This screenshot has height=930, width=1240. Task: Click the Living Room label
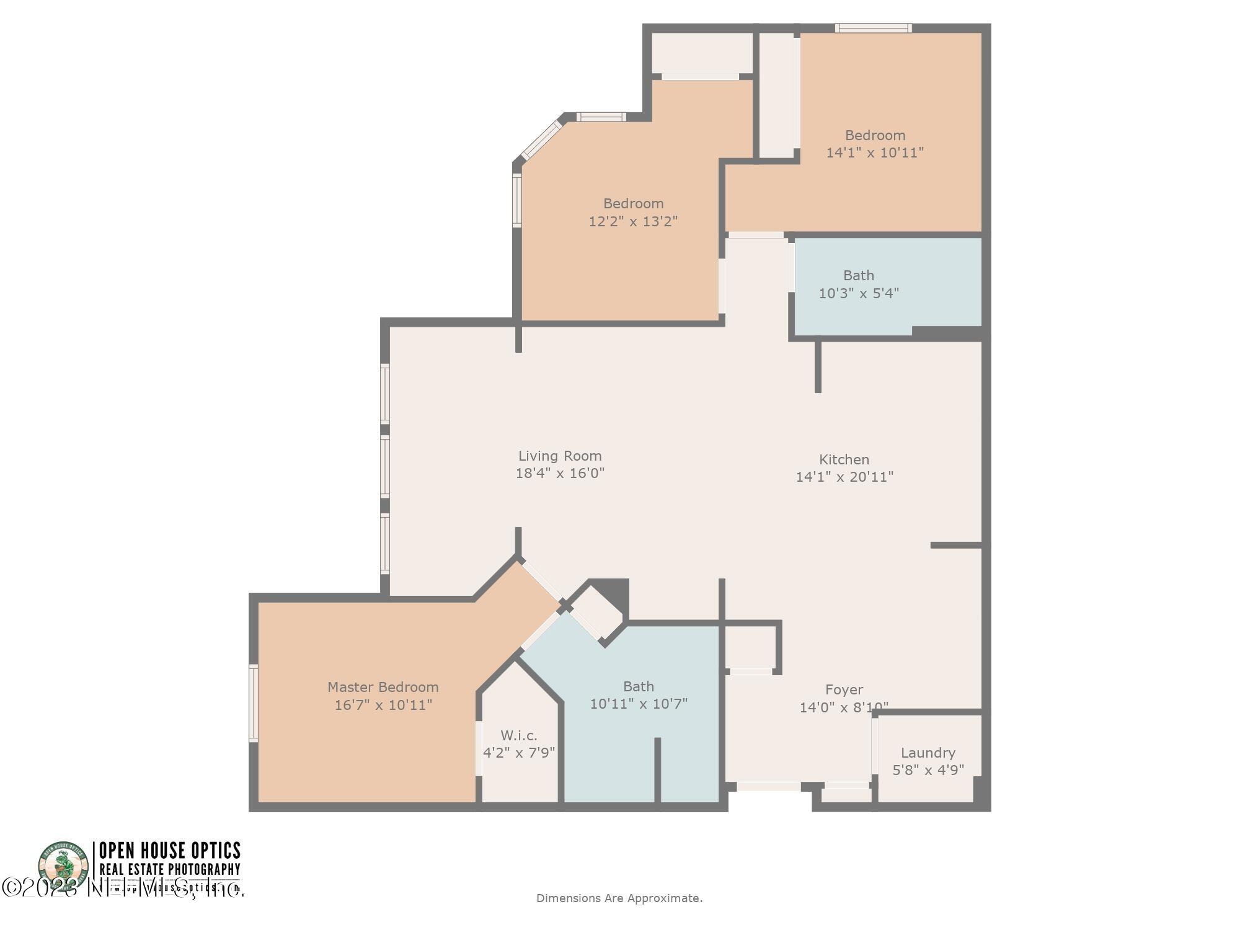pos(560,456)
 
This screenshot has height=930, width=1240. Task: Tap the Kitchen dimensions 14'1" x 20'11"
pos(844,477)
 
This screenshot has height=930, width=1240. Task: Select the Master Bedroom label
pos(383,687)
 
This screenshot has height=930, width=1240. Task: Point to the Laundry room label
pos(928,753)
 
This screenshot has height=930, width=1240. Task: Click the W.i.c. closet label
pos(519,735)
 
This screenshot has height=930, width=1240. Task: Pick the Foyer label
pos(844,689)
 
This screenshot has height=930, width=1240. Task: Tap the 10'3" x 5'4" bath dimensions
pos(859,293)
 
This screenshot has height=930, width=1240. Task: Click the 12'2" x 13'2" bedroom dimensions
pos(633,221)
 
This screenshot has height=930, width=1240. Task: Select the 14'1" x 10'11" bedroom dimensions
pos(875,153)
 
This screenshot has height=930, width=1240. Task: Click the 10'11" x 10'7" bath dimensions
pos(639,704)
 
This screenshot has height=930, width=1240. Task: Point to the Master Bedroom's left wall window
pos(253,702)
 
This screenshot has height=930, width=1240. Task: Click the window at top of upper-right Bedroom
pos(873,28)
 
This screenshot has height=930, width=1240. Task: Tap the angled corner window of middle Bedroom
pos(541,141)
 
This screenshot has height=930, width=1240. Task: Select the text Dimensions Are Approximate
pos(619,898)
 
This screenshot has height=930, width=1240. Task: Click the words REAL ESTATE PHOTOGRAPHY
pos(169,869)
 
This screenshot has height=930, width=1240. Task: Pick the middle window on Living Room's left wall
pos(385,466)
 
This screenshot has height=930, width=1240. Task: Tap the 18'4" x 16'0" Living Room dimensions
pos(560,473)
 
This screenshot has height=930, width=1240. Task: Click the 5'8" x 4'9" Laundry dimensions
pos(928,770)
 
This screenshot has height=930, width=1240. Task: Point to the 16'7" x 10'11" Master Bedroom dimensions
pos(383,705)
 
